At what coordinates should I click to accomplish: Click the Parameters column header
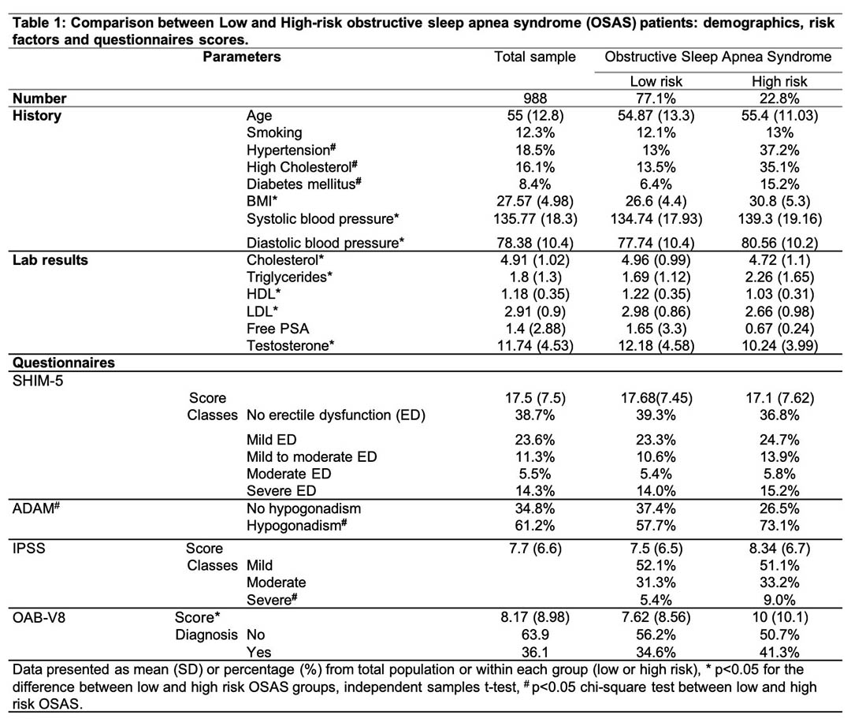tap(242, 57)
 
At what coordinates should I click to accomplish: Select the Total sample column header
tap(534, 57)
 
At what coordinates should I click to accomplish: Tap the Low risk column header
tap(656, 81)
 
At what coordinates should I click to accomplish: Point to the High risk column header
tap(779, 81)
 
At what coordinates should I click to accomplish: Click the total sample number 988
tap(535, 99)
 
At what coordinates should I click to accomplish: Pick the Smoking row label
tap(274, 132)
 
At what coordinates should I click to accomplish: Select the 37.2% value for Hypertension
tap(779, 150)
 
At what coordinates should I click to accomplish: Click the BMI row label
tap(262, 202)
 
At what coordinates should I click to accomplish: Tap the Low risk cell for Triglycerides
tap(656, 277)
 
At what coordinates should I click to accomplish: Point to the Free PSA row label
tap(277, 329)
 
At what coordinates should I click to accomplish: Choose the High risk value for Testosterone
tap(779, 346)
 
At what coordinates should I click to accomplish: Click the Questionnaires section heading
tap(64, 363)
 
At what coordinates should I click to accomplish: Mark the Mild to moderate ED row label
tap(311, 456)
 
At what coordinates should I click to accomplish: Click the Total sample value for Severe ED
tap(534, 491)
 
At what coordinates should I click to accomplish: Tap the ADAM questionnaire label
tap(35, 508)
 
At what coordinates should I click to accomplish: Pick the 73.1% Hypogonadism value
tap(779, 526)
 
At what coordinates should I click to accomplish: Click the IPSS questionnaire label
tap(29, 549)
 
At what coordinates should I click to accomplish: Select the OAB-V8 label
tap(39, 617)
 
